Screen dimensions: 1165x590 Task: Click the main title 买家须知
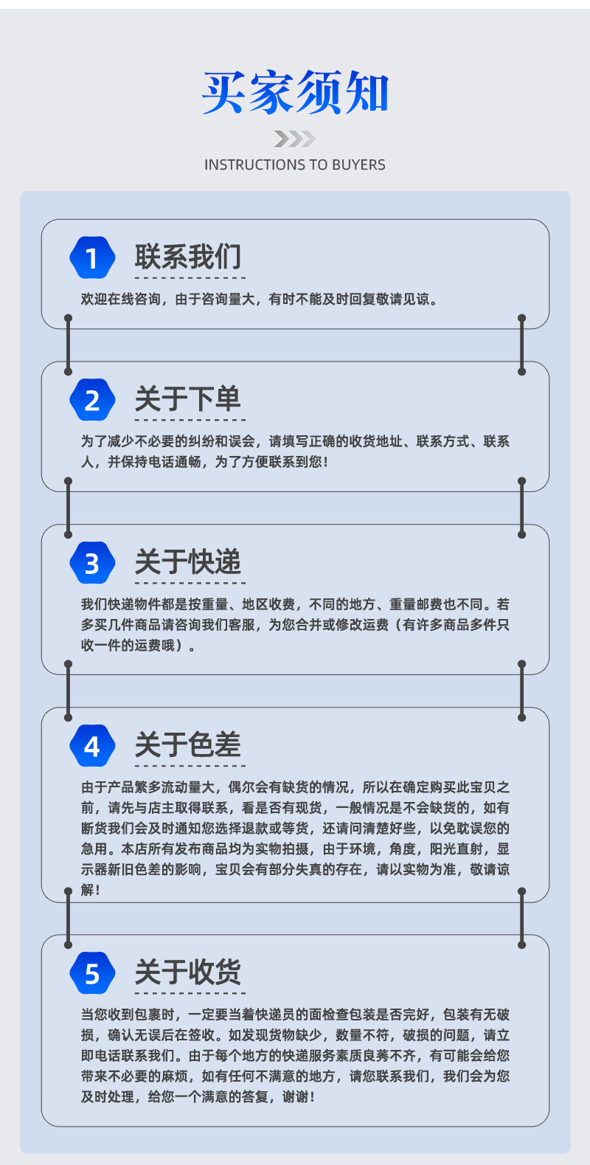click(295, 93)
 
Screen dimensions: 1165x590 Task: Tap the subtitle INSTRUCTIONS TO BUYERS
click(295, 165)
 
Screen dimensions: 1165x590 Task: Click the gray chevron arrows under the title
click(294, 139)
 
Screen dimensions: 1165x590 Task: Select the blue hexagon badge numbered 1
click(92, 258)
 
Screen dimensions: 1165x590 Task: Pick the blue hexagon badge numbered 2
click(92, 401)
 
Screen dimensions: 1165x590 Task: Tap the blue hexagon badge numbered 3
click(92, 564)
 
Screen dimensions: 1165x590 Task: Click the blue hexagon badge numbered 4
click(92, 747)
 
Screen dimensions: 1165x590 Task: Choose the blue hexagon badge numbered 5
click(92, 974)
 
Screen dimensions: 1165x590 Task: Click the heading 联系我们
click(188, 257)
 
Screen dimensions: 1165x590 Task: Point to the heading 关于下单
click(188, 399)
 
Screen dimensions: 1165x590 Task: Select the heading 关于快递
click(188, 562)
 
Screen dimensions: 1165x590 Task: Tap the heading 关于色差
click(188, 745)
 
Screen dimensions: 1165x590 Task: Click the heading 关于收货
click(188, 972)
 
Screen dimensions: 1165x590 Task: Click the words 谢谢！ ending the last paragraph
click(299, 1097)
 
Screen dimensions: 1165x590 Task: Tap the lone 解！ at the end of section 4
click(90, 891)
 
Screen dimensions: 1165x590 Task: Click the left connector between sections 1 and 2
click(69, 345)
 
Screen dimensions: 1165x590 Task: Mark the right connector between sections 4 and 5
click(521, 919)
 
